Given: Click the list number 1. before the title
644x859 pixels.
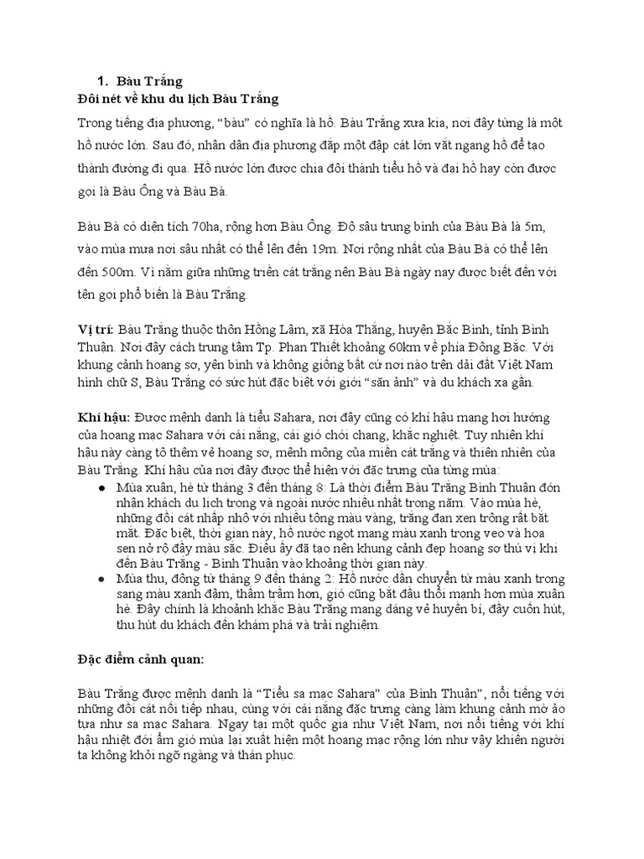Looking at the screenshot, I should coord(103,81).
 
